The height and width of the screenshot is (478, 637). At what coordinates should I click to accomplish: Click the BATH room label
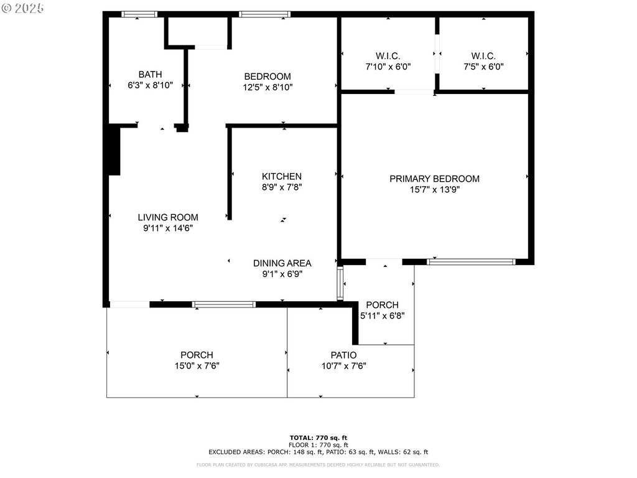click(151, 75)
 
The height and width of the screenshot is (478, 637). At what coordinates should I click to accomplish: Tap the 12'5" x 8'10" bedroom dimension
click(267, 87)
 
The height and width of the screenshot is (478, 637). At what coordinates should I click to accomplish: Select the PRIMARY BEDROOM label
click(434, 179)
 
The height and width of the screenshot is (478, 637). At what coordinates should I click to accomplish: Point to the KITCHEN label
click(282, 176)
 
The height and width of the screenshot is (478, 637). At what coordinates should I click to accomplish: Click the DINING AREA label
click(282, 263)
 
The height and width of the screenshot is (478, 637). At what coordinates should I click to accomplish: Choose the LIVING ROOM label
click(168, 217)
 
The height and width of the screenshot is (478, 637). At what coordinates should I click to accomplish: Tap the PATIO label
click(343, 355)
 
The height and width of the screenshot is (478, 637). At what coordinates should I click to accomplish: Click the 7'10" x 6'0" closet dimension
click(388, 67)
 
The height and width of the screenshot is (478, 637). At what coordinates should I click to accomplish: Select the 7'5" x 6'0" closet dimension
click(483, 67)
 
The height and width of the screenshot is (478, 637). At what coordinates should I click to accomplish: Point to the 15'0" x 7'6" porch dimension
click(197, 366)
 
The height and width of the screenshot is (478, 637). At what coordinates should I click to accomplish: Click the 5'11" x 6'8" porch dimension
click(383, 316)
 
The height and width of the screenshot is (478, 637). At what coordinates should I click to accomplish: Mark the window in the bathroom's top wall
click(139, 14)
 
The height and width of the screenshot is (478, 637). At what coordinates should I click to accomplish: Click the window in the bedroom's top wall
click(264, 14)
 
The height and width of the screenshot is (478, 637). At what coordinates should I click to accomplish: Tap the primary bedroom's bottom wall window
click(472, 262)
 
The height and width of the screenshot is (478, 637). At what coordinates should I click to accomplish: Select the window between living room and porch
click(224, 304)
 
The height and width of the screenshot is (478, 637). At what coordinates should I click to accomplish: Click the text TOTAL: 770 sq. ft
click(318, 438)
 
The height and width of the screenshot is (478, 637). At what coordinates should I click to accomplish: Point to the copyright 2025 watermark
click(22, 8)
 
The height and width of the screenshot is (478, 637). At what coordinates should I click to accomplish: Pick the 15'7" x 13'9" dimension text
click(434, 189)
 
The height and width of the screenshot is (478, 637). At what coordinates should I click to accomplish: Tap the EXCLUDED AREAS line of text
click(318, 452)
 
